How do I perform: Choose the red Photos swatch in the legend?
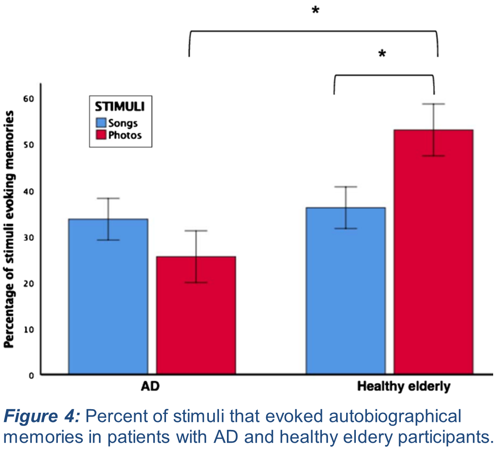pyautogui.click(x=102, y=135)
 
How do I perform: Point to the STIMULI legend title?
pyautogui.click(x=120, y=106)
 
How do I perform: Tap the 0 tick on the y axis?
pyautogui.click(x=31, y=376)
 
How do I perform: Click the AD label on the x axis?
pyautogui.click(x=150, y=387)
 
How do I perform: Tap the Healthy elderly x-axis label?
pyautogui.click(x=404, y=387)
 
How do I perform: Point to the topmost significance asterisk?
pyautogui.click(x=315, y=11)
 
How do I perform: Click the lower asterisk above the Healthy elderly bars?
pyautogui.click(x=382, y=54)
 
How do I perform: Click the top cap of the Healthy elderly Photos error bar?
pyautogui.click(x=434, y=104)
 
